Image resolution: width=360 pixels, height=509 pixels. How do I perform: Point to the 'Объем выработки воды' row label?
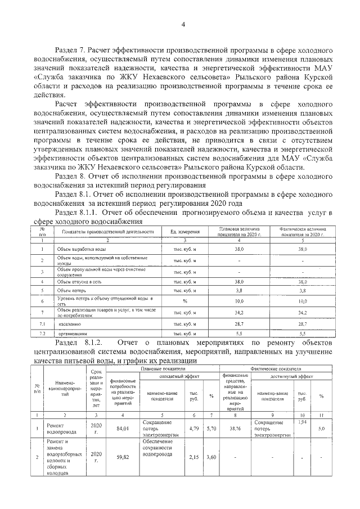[x=81, y=249]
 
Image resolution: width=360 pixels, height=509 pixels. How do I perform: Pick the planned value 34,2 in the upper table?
[x=238, y=312]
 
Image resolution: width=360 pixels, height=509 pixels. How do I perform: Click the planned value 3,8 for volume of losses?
[x=238, y=291]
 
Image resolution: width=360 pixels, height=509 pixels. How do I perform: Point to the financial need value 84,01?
[x=123, y=429]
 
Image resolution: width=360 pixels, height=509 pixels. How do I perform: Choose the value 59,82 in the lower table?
[x=123, y=458]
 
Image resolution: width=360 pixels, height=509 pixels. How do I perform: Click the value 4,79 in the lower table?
[x=194, y=429]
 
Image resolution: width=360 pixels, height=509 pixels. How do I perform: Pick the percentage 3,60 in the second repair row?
[x=211, y=458]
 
